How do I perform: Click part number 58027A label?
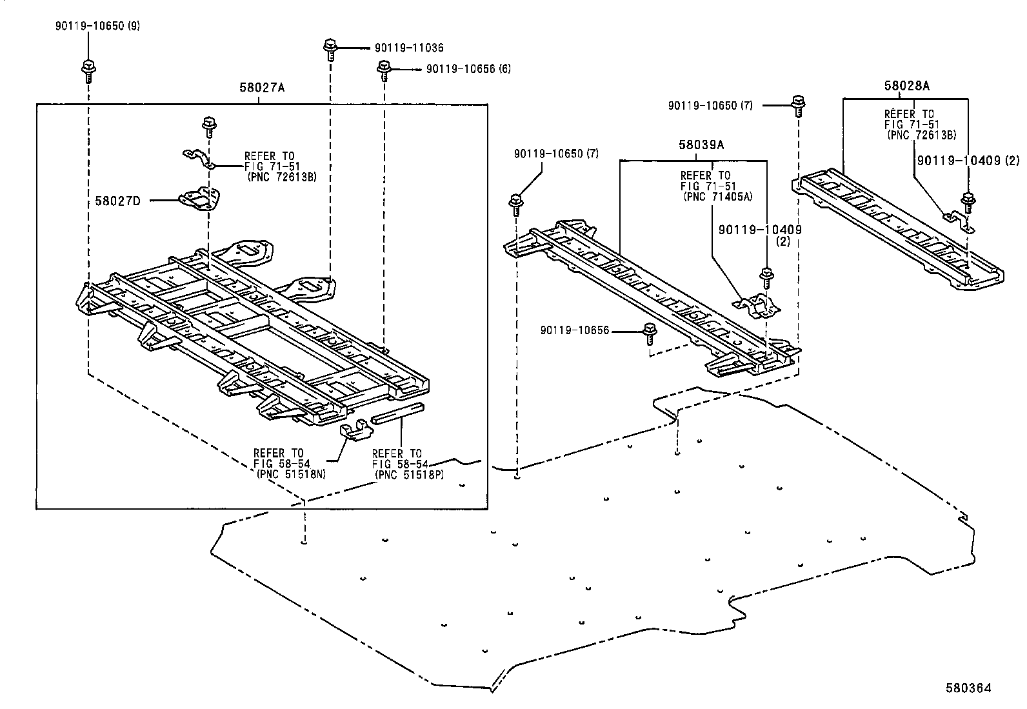pyautogui.click(x=261, y=88)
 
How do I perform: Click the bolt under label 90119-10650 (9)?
pyautogui.click(x=87, y=69)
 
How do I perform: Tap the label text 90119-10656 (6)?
pyautogui.click(x=468, y=69)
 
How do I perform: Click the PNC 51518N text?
pyautogui.click(x=290, y=474)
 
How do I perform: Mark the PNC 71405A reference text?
pyautogui.click(x=717, y=197)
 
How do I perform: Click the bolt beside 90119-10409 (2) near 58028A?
pyautogui.click(x=967, y=203)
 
